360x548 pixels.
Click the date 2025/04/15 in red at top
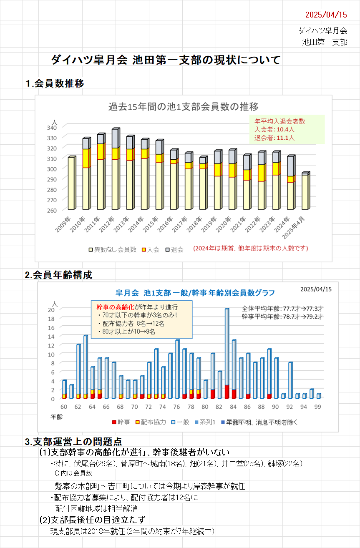[326, 15]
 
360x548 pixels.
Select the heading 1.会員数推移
[54, 83]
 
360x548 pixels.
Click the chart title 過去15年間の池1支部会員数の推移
[183, 106]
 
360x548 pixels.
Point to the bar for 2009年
[71, 184]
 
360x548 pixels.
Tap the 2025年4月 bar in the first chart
[305, 192]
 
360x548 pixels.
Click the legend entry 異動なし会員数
[112, 249]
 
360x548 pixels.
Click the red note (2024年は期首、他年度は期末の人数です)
[250, 249]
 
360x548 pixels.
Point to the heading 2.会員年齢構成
[58, 275]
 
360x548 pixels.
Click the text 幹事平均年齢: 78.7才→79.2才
[282, 317]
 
